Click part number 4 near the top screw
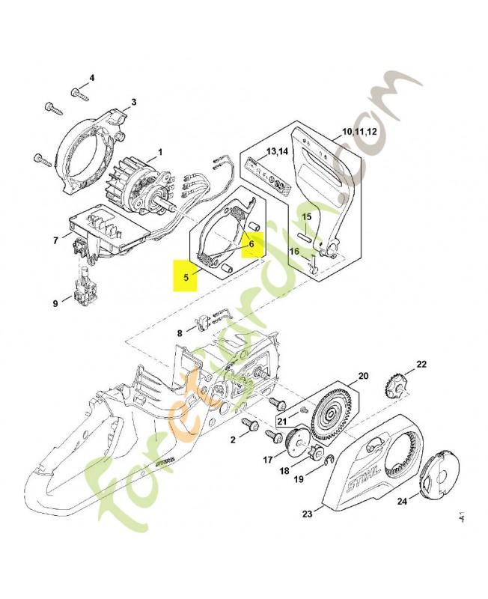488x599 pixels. coord(92,78)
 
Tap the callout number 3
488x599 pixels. coord(133,103)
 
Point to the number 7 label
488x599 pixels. coord(55,240)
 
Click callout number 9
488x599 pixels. coord(55,303)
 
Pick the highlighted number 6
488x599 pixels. coord(252,243)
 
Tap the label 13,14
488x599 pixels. coord(277,152)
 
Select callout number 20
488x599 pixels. coord(363,375)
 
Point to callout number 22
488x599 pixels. coord(421,364)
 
